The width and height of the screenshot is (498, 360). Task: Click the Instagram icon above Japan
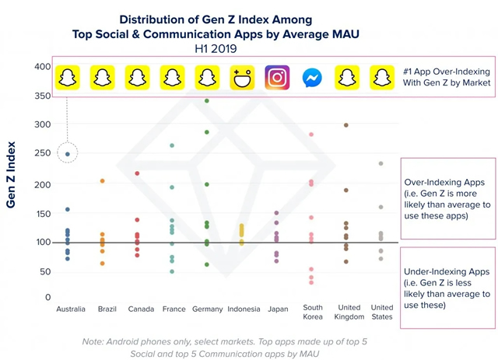277,78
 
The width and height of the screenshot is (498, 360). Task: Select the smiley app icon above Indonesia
243,78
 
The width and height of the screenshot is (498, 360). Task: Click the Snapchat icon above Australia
68,78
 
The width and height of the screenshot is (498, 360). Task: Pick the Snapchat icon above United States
381,78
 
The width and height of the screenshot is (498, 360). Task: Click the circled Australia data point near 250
68,154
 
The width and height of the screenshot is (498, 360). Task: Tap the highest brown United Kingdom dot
346,125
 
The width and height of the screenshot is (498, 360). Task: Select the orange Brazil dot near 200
102,181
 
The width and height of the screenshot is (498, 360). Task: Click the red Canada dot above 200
137,173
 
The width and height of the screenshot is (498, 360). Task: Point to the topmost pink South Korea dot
311,135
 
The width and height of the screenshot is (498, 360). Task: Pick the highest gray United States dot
381,163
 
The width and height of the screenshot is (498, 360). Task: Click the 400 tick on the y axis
42,67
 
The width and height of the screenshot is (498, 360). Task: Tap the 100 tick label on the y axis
42,242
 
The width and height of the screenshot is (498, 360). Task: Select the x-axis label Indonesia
244,309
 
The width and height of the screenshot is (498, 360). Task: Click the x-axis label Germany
208,309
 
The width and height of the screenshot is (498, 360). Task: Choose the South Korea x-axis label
313,313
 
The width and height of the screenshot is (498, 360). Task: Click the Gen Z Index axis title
12,175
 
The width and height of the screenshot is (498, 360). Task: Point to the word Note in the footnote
95,342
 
